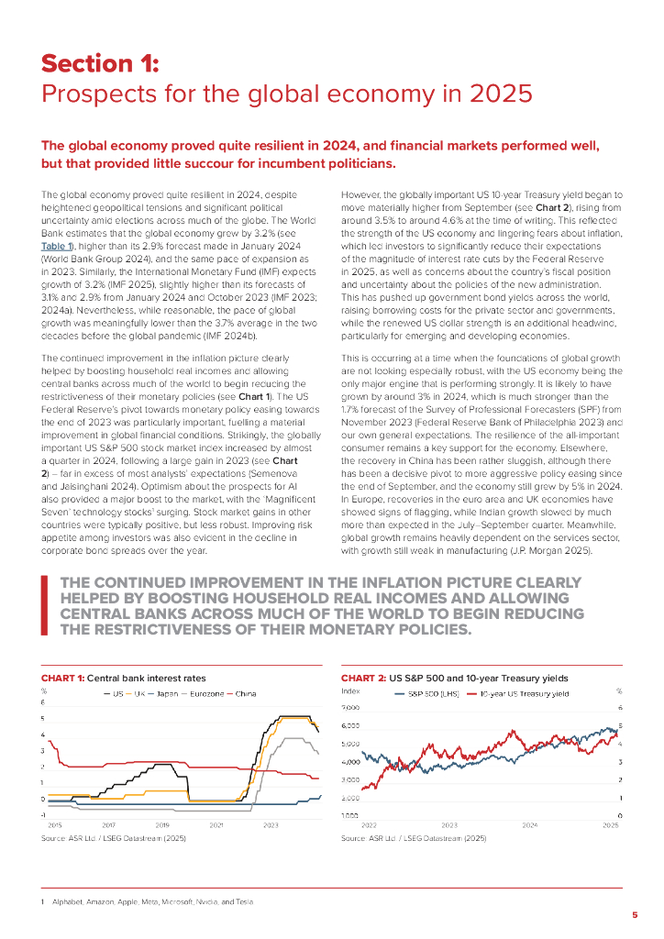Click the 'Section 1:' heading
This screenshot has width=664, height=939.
pyautogui.click(x=100, y=63)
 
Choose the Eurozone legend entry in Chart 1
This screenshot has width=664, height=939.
pyautogui.click(x=202, y=693)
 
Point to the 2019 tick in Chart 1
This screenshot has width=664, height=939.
pyautogui.click(x=162, y=826)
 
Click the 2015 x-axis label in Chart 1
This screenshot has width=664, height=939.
pyautogui.click(x=54, y=826)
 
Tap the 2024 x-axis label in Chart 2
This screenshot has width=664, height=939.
pyautogui.click(x=529, y=826)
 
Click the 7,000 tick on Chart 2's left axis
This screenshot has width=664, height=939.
pyautogui.click(x=350, y=708)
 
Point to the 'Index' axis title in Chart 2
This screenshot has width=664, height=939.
pyautogui.click(x=349, y=690)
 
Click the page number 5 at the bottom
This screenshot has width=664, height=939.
pyautogui.click(x=635, y=914)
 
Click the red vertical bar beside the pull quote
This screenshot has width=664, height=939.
pyautogui.click(x=44, y=604)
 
